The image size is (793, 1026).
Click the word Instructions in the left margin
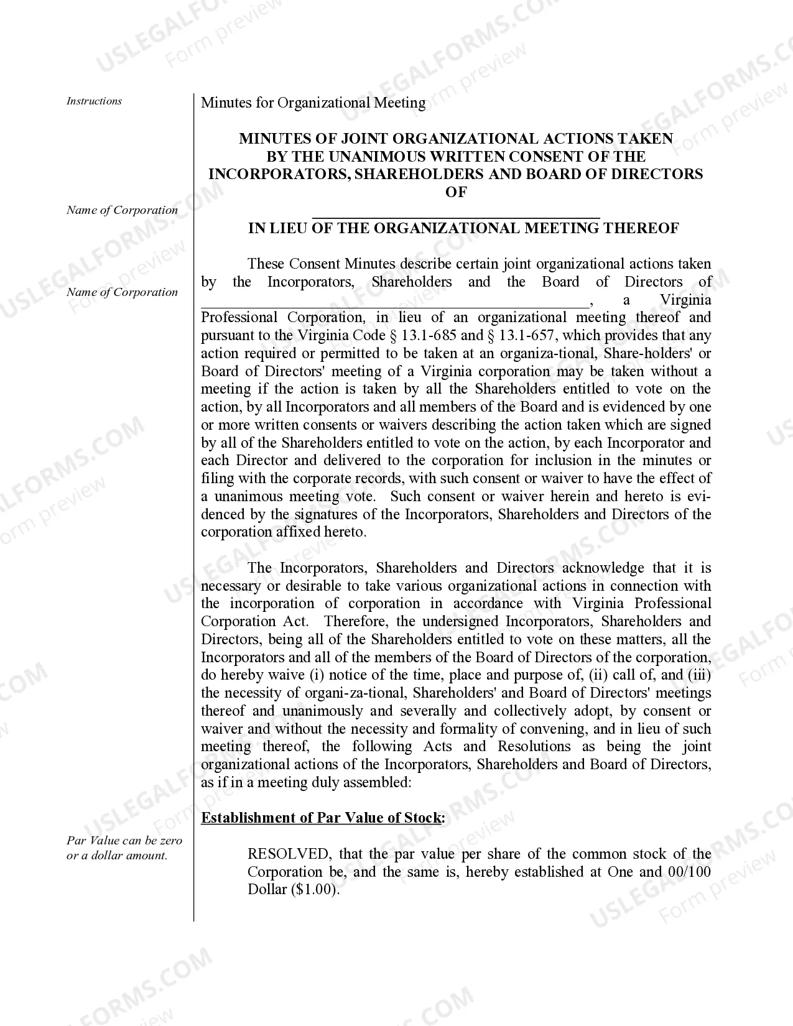94,101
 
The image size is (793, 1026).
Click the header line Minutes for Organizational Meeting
313,103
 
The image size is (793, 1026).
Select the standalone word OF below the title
456,192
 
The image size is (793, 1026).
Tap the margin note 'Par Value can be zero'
124,841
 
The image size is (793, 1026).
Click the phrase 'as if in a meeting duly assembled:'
306,782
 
